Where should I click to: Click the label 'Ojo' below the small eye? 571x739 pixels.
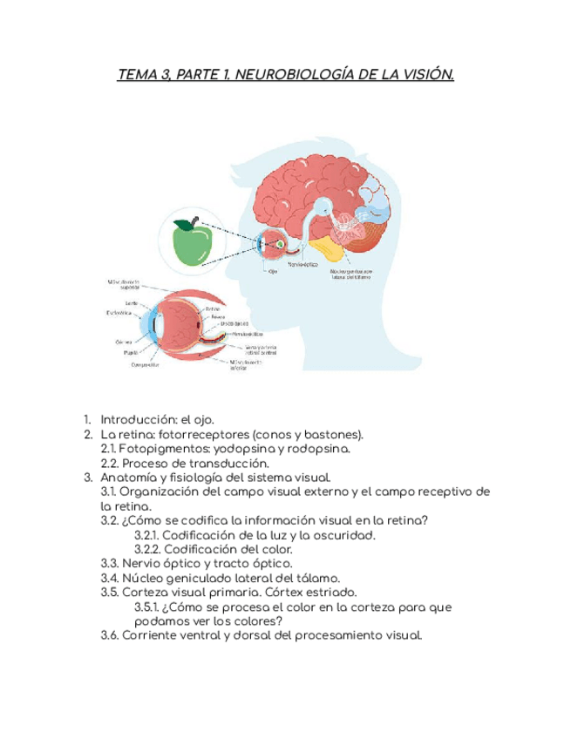point(273,271)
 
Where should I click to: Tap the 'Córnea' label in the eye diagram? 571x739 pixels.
point(124,342)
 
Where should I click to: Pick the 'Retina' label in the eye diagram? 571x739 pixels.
point(214,308)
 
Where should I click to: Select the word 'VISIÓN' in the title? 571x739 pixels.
point(425,76)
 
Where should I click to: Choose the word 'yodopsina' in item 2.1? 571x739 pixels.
point(266,449)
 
